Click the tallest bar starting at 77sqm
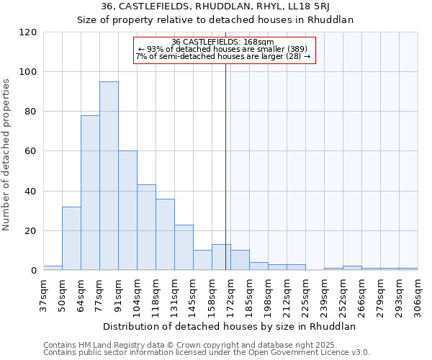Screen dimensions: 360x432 109,176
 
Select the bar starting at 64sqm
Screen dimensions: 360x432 90,193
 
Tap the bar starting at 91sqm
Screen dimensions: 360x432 127,210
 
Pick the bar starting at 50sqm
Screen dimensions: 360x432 71,238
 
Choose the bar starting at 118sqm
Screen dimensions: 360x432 165,234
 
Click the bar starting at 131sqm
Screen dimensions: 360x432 184,248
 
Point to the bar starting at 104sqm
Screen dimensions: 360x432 146,228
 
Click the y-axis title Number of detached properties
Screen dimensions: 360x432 7,155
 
